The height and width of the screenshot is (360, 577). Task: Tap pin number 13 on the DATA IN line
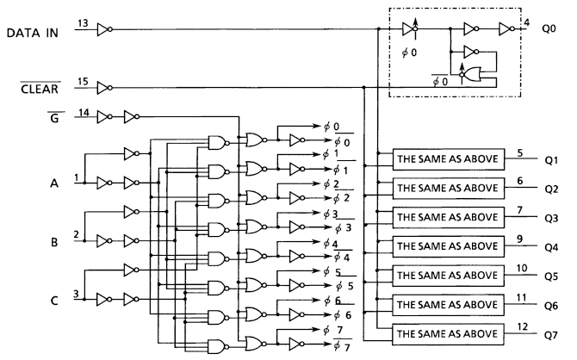[81, 23]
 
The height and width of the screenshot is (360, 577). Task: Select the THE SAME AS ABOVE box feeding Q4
[446, 245]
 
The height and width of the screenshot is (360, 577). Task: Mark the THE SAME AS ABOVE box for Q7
[446, 332]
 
